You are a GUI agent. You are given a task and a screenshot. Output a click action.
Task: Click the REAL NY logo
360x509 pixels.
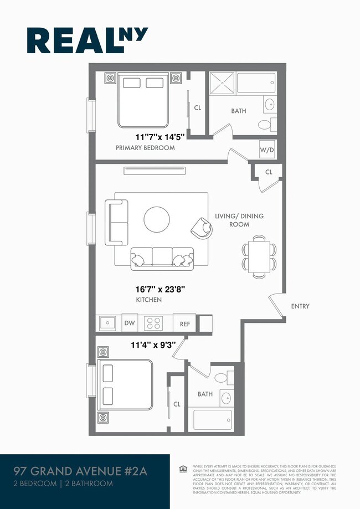click(88, 41)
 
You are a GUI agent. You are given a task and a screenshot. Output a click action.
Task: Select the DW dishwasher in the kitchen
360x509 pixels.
click(129, 323)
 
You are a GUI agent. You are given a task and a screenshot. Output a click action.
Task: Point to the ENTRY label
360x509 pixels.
click(300, 306)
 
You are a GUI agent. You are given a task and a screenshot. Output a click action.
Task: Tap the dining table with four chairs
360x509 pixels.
click(259, 255)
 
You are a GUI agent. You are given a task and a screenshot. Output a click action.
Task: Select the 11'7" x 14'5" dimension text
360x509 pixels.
click(160, 136)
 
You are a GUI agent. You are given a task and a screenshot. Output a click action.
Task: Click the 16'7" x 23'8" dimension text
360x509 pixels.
click(160, 288)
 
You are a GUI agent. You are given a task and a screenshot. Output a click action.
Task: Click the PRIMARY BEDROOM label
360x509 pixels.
click(145, 148)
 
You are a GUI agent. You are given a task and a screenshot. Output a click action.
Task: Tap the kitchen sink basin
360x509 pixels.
click(106, 322)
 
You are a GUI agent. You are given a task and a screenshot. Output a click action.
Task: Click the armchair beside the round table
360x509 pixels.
click(202, 227)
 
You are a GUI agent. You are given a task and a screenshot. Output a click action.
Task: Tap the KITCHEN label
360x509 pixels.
click(149, 300)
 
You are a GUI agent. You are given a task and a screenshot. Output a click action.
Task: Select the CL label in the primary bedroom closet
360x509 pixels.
click(197, 107)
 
